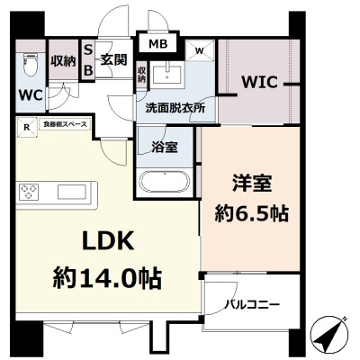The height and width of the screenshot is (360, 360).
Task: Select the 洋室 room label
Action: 251,183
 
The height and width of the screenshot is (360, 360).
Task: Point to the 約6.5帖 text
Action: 251,213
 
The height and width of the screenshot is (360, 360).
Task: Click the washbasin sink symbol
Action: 167,73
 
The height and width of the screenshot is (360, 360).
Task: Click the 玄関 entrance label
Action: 111,59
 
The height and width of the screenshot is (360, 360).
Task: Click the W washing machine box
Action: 199,50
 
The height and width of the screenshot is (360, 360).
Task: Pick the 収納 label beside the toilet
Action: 63,60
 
